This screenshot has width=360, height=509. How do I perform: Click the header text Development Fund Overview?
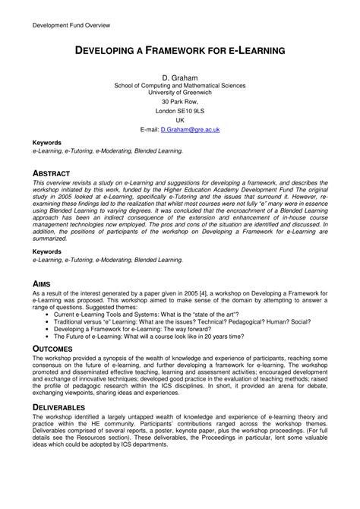(71, 26)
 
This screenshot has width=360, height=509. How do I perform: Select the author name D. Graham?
(180, 77)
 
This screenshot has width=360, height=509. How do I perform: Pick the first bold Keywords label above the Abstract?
(47, 143)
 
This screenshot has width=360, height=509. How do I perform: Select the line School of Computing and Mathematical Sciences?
(180, 86)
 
